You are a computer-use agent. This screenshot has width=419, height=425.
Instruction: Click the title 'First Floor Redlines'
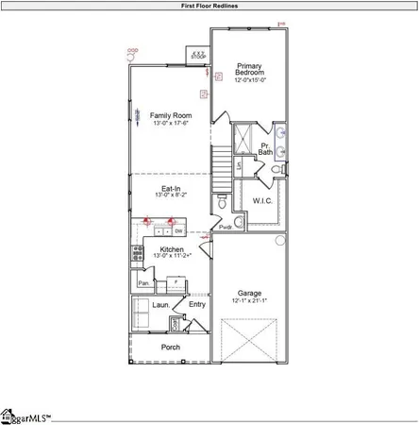[209, 6]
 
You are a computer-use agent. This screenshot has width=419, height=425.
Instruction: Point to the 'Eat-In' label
[170, 189]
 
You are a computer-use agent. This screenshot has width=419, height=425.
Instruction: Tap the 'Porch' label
[171, 347]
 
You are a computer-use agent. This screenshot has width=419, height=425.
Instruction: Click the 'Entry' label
[197, 304]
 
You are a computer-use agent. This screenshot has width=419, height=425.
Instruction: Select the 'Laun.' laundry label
[160, 304]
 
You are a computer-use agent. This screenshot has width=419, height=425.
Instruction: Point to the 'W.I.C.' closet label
[262, 200]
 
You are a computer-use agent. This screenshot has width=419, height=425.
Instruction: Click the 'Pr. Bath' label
[266, 148]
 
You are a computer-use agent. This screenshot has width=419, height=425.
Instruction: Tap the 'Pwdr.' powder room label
[226, 227]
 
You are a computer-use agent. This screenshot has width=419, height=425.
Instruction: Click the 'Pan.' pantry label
[144, 282]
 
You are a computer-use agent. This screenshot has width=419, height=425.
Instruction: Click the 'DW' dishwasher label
[177, 230]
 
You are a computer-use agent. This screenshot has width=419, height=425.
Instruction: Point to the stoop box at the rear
[198, 55]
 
